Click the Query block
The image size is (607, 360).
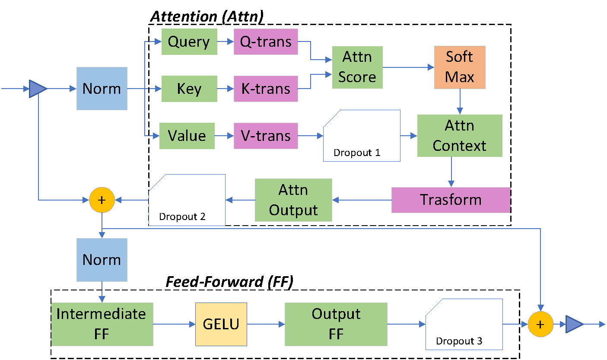[189, 42]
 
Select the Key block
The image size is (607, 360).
[189, 89]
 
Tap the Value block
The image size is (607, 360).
[187, 136]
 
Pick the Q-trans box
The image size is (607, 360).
[266, 42]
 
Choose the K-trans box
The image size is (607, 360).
[266, 89]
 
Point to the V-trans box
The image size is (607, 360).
[266, 136]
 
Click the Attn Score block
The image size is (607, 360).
[357, 67]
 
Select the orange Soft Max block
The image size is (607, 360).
[460, 67]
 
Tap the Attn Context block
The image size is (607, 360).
[460, 136]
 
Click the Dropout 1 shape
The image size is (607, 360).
[362, 136]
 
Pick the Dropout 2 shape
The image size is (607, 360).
[187, 200]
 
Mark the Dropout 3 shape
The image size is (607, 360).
[464, 324]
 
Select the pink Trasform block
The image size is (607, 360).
[451, 200]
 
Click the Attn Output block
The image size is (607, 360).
[293, 200]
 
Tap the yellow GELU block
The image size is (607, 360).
[221, 324]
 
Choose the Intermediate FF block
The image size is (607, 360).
[102, 324]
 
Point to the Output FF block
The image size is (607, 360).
[336, 324]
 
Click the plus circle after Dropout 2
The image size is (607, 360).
[102, 200]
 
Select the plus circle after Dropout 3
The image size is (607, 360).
[540, 324]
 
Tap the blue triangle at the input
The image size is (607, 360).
[38, 89]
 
